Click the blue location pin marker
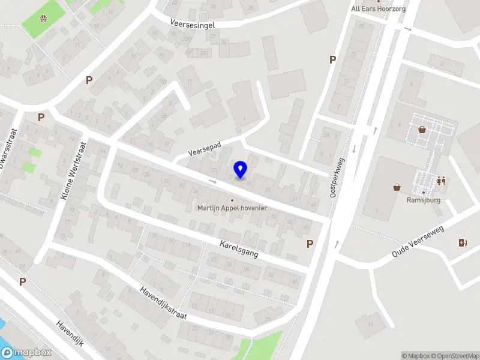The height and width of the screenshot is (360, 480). click(x=241, y=170)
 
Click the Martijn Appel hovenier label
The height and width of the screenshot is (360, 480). click(x=232, y=208)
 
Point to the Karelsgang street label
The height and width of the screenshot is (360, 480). click(x=239, y=250)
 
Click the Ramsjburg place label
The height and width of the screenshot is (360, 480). click(x=424, y=200)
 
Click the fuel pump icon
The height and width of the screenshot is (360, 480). click(x=462, y=243)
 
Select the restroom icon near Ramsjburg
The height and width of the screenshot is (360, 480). click(x=441, y=181)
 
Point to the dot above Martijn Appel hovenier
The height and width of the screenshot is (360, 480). click(x=232, y=200)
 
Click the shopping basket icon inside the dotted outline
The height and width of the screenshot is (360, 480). click(x=422, y=129)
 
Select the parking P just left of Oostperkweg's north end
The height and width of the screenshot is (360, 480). click(x=332, y=59)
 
